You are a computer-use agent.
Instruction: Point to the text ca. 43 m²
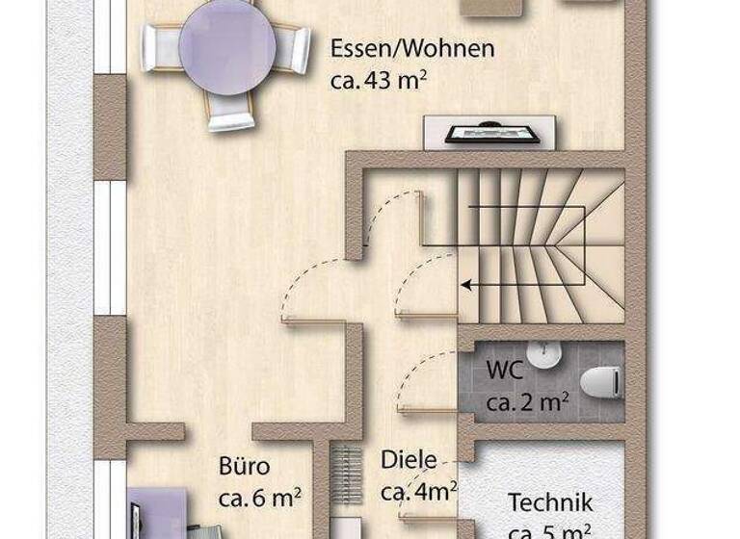(x=379, y=80)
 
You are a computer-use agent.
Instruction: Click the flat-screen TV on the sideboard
(x=490, y=133)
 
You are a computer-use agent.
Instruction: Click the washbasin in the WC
(x=545, y=355)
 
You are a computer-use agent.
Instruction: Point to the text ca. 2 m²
(x=526, y=402)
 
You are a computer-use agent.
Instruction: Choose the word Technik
(x=550, y=502)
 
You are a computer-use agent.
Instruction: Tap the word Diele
(x=409, y=460)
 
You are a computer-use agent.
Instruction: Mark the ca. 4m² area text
(x=418, y=492)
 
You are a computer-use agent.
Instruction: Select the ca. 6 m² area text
(x=260, y=498)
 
